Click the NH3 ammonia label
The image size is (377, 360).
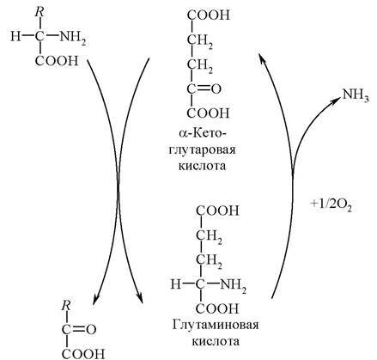click(356, 95)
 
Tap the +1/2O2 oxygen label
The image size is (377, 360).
click(331, 204)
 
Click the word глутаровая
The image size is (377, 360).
click(202, 150)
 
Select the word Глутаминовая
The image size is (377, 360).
click(216, 325)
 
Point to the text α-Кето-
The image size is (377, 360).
click(203, 133)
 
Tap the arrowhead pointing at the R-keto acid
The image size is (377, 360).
click(96, 299)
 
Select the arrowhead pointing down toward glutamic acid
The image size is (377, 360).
click(139, 298)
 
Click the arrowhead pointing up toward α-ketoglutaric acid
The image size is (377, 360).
click(262, 59)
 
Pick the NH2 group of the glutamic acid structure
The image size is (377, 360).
click(233, 285)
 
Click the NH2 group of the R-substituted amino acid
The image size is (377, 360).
click(73, 38)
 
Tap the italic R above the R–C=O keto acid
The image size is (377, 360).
click(66, 306)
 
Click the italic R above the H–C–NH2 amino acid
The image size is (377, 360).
click(40, 12)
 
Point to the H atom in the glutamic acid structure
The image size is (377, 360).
click(176, 284)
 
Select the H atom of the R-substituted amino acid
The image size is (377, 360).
click(15, 37)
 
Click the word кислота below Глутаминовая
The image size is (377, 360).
click(216, 342)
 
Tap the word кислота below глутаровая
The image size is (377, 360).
click(202, 166)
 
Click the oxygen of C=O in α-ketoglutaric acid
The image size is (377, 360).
click(216, 89)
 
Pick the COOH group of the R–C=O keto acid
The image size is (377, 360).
click(83, 354)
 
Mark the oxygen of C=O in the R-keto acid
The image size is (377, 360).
click(91, 330)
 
